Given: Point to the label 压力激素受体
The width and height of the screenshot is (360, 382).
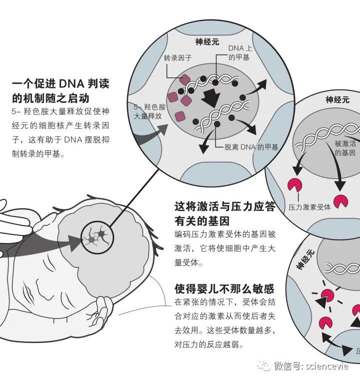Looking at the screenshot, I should pyautogui.click(x=309, y=206).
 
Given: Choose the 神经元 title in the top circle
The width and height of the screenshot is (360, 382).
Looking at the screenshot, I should pyautogui.click(x=207, y=42).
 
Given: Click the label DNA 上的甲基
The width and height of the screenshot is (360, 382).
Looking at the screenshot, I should pyautogui.click(x=239, y=52).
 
